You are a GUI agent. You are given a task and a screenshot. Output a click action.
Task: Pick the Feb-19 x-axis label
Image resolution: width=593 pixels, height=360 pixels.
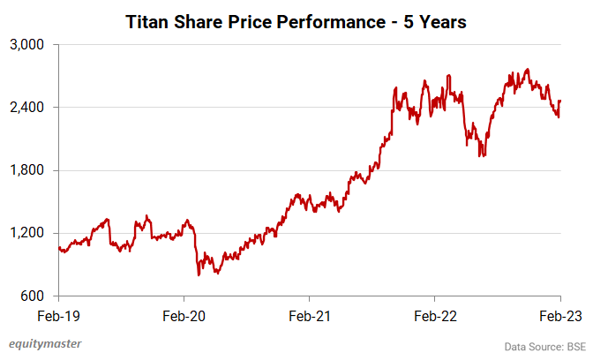click(x=58, y=315)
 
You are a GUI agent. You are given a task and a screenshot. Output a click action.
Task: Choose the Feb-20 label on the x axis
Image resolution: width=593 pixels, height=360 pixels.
click(x=184, y=315)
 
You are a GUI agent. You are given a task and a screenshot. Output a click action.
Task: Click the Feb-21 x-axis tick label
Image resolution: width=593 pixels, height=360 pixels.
click(x=310, y=315)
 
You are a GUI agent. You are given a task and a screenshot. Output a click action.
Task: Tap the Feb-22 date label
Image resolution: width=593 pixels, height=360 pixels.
click(x=435, y=315)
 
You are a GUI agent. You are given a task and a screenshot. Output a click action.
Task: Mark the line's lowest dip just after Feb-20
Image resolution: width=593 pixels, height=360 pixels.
click(x=199, y=275)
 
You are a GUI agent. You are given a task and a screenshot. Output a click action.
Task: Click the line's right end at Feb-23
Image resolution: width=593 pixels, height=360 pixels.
click(x=560, y=101)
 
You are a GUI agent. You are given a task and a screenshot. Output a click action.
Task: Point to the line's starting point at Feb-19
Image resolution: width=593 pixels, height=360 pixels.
click(x=58, y=247)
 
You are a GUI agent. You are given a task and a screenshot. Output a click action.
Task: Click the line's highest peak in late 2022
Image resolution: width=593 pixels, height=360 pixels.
click(x=527, y=69)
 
